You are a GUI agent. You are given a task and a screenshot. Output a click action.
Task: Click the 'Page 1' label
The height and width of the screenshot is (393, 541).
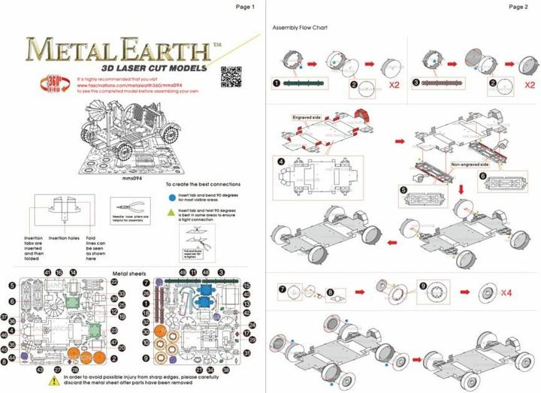pos(246,7)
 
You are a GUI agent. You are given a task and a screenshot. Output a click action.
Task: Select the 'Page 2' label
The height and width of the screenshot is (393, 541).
pos(518,7)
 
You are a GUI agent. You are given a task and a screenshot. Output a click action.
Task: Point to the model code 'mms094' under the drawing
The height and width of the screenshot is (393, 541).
pos(132,179)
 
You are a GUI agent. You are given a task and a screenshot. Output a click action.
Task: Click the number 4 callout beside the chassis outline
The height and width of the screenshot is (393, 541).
pos(280,160)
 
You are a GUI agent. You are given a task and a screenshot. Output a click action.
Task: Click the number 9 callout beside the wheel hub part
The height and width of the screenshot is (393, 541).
pos(423,285)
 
